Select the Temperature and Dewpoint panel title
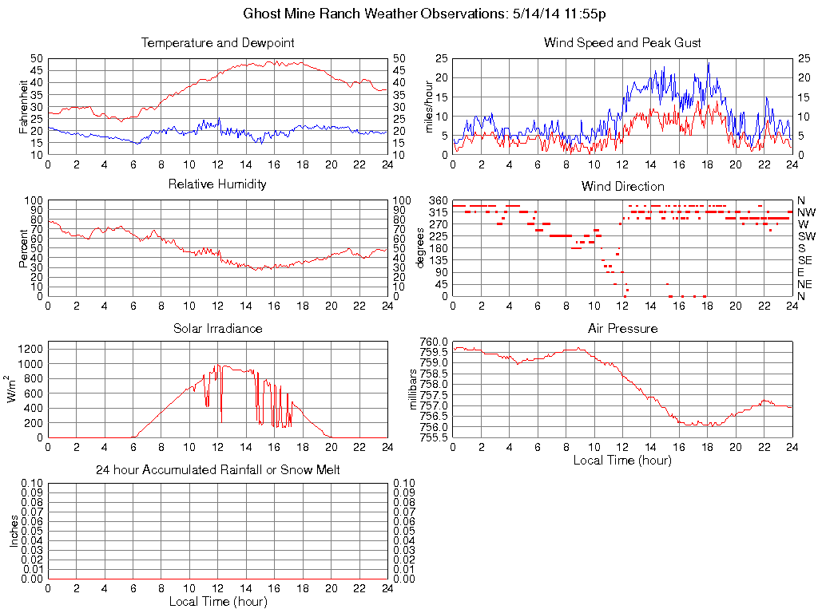pos(217,42)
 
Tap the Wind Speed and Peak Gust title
pos(622,42)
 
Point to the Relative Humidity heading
pos(217,184)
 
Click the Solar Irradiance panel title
pos(217,328)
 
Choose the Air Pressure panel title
pos(622,328)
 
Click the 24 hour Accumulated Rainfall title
pos(217,470)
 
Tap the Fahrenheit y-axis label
pos(24,106)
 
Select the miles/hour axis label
pos(429,106)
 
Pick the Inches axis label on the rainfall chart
pos(14,531)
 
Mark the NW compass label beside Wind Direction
pos(806,212)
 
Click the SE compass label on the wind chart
pos(805,260)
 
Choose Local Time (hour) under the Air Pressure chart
pos(622,460)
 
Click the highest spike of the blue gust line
pos(708,63)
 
